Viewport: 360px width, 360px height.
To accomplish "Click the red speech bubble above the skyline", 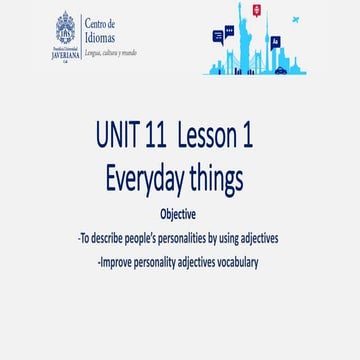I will pos(257,10).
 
